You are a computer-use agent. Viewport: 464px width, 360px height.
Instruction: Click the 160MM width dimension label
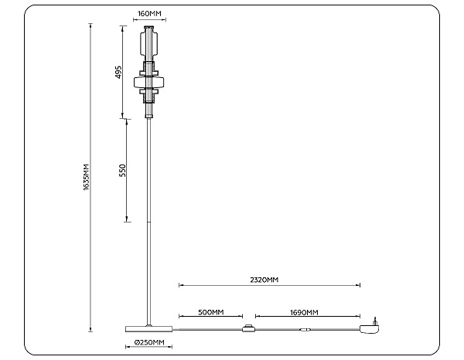click(149, 14)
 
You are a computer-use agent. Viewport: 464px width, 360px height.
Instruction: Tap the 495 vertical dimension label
click(118, 72)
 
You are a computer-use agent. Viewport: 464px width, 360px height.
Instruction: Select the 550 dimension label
click(122, 170)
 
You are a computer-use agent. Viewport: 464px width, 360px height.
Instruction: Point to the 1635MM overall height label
click(86, 177)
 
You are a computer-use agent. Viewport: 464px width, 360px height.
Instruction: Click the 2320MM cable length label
click(264, 280)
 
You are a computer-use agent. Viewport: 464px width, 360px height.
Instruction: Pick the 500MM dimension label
click(210, 312)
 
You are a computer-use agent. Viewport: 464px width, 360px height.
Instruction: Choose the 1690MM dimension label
click(304, 312)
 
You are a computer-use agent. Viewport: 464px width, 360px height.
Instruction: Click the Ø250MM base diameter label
click(149, 342)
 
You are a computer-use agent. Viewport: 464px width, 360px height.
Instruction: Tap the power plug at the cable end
click(370, 327)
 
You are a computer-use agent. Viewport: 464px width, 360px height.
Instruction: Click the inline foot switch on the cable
click(249, 328)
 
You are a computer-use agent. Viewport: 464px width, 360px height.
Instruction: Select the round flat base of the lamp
click(148, 329)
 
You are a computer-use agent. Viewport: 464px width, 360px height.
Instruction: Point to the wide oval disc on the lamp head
click(148, 83)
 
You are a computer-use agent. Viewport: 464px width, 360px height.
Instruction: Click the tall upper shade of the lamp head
click(148, 44)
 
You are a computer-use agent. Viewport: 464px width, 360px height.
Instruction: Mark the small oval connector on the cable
click(305, 329)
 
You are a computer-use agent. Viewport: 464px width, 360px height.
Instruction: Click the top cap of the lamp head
click(148, 28)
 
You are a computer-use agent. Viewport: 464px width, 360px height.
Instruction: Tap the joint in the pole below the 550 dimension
click(148, 222)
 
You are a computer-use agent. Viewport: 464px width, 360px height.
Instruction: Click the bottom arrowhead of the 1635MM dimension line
click(90, 330)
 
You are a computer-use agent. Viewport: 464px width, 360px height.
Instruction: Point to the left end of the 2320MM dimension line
click(179, 285)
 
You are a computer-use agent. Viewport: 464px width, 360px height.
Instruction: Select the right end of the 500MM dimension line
click(242, 316)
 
